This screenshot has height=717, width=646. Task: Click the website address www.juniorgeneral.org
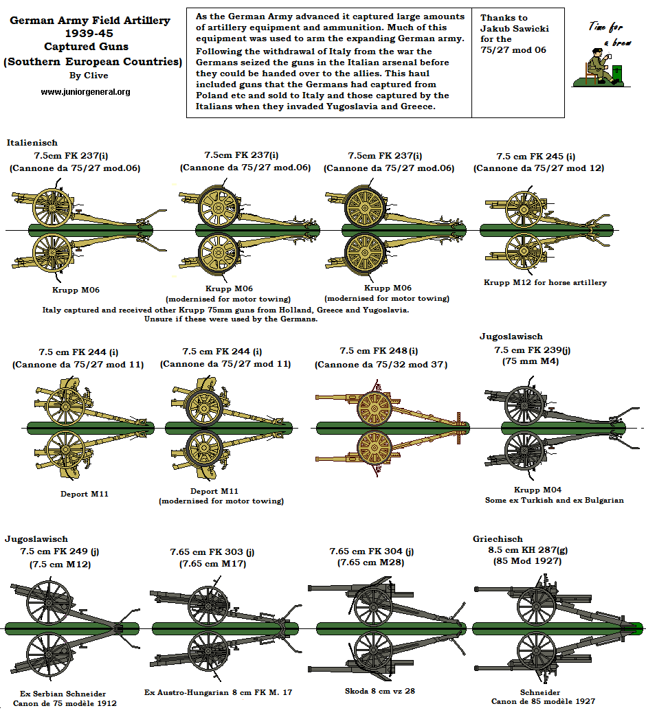[x=85, y=91]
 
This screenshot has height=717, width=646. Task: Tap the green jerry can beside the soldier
[x=618, y=74]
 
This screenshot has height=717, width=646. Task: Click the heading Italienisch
[x=32, y=142]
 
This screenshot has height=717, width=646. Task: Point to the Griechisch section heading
[x=498, y=538]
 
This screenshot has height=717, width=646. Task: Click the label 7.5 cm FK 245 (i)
[x=535, y=157]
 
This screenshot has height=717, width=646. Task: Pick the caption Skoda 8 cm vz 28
[x=379, y=692]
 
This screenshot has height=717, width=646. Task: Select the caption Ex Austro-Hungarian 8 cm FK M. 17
[x=219, y=692]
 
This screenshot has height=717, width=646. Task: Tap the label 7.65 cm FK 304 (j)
[x=372, y=551]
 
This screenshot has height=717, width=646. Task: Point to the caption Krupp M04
[x=537, y=490]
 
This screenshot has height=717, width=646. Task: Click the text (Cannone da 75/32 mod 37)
[x=381, y=365]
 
